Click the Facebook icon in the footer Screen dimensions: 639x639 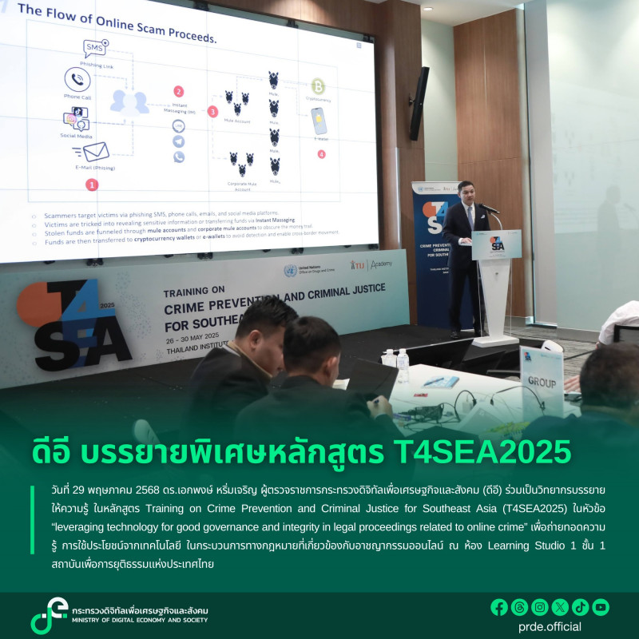(499, 607)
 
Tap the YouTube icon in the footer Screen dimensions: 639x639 (601, 607)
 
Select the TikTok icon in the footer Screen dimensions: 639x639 (581, 607)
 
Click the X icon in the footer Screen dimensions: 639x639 (560, 607)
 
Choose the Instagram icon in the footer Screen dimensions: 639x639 (540, 607)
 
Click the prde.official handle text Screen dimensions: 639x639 (550, 627)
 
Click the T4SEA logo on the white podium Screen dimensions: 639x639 (496, 244)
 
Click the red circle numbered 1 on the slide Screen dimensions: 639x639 (92, 185)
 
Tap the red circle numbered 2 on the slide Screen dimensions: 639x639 (178, 92)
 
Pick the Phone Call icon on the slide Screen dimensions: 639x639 (77, 79)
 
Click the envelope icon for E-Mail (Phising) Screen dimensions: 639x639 (94, 152)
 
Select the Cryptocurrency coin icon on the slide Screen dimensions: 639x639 (318, 85)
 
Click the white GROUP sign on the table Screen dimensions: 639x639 (541, 382)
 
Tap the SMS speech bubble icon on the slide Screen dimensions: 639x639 (94, 48)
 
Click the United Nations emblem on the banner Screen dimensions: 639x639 (290, 271)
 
